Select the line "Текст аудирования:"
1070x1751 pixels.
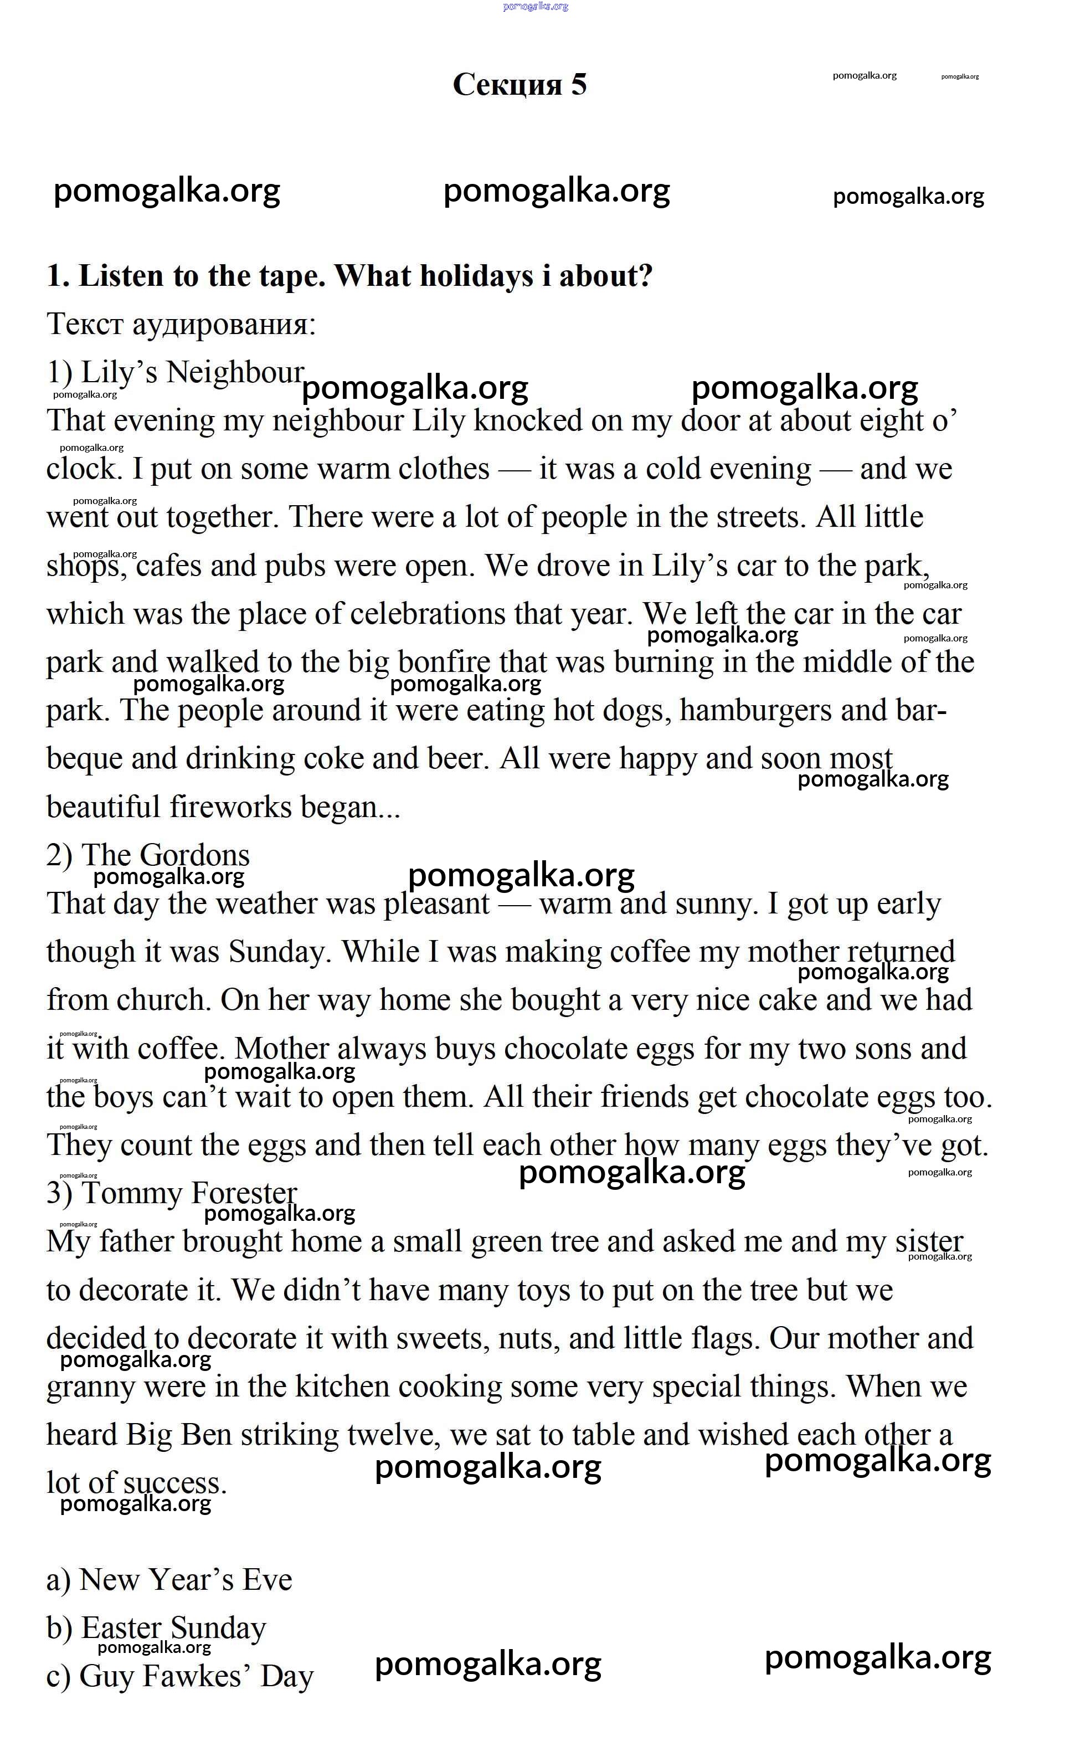coord(181,325)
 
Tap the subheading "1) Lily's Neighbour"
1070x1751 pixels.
coord(176,372)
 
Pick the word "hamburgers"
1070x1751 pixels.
coord(755,711)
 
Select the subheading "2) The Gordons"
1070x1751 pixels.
coord(148,855)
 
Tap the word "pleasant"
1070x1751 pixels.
coord(437,904)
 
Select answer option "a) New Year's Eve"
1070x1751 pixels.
coord(169,1580)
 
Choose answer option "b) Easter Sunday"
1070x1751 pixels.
coord(156,1628)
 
